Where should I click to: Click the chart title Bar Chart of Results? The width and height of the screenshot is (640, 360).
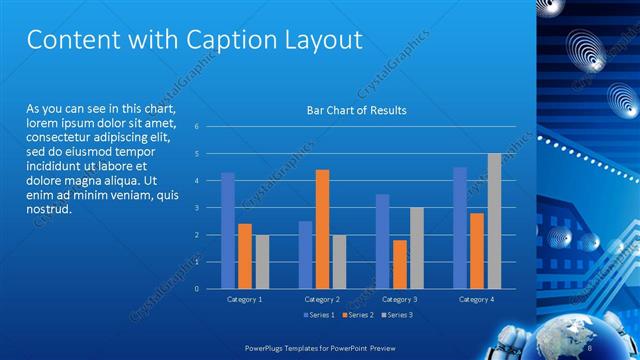click(x=356, y=110)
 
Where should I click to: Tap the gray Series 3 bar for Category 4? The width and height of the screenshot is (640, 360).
click(x=494, y=221)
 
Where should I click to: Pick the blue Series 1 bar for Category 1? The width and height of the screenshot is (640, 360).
click(x=228, y=230)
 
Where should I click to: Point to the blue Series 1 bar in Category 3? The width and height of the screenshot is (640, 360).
click(x=382, y=241)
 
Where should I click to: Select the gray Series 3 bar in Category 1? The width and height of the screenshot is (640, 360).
click(x=262, y=262)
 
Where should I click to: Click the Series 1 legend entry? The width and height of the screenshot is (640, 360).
click(x=321, y=315)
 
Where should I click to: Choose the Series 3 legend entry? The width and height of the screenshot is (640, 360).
click(x=396, y=315)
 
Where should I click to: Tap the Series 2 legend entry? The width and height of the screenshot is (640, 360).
click(x=358, y=315)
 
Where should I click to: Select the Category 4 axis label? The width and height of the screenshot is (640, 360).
click(x=477, y=299)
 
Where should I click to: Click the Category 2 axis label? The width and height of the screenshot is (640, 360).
click(x=322, y=299)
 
